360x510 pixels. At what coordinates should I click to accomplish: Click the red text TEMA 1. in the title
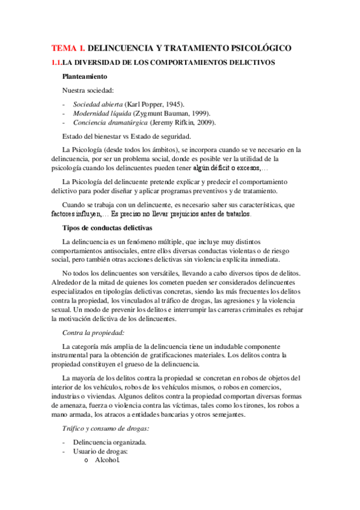pos(68,47)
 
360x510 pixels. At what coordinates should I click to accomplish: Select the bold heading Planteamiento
pos(85,76)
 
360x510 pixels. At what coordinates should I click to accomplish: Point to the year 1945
pos(174,104)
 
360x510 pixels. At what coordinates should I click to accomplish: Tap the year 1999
pos(200,113)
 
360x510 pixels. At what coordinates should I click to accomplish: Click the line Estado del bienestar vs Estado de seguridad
pos(126,136)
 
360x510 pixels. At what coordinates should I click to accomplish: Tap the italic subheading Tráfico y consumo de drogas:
pos(106,428)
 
